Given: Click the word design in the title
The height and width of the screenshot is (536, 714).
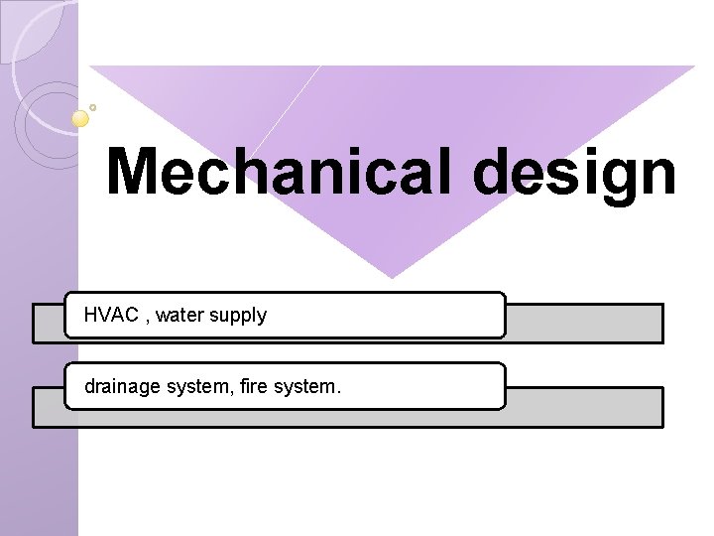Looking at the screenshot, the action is (x=575, y=174).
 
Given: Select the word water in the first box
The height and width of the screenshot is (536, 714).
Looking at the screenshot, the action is (x=179, y=316).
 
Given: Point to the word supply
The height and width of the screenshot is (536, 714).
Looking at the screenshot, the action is (x=238, y=317).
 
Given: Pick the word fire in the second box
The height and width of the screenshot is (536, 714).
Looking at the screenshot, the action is (x=254, y=386).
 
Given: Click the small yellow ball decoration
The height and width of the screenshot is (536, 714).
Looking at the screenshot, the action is (x=81, y=118).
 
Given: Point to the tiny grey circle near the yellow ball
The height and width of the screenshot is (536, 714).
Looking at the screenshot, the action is (x=93, y=107).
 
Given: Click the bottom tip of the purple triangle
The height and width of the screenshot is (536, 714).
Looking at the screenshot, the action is (x=393, y=276).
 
